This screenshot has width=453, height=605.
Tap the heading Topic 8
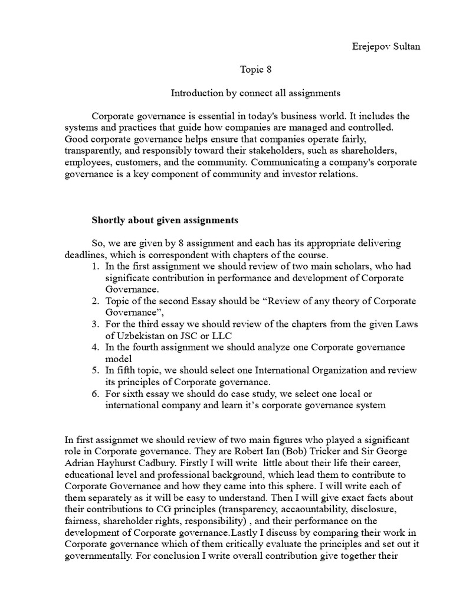tap(255, 70)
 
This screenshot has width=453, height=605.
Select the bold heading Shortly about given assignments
tap(165, 220)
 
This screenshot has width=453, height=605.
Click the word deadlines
tap(86, 255)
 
